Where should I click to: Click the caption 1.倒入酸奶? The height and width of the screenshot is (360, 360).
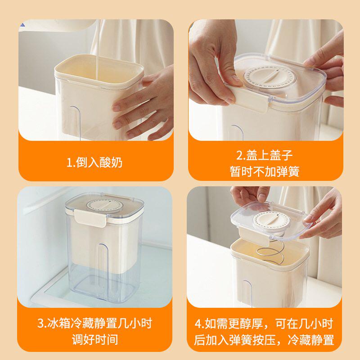[94, 162]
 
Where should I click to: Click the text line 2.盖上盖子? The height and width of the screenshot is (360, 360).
[265, 155]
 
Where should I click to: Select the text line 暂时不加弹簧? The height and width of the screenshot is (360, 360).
[265, 171]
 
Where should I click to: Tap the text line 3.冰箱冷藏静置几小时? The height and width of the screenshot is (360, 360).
[94, 323]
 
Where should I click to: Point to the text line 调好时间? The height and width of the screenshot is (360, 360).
[94, 339]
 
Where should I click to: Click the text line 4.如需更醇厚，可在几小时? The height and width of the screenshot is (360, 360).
[265, 323]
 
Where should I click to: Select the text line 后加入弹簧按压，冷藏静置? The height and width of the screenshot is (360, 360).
[265, 339]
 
